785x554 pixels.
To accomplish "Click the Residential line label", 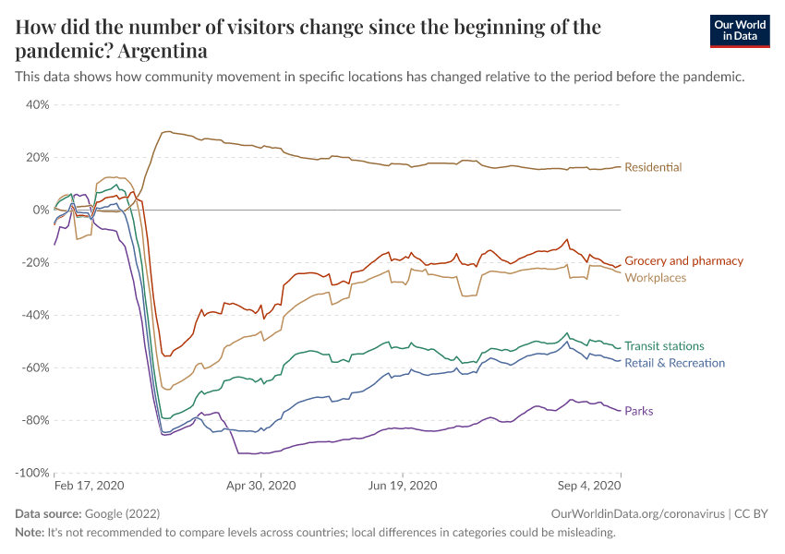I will coord(653,167).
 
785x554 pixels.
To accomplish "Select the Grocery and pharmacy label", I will coord(683,261).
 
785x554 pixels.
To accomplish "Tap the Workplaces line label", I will coord(655,277).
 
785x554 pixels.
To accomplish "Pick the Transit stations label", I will coord(664,346).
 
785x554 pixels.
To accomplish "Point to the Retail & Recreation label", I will coord(674,363).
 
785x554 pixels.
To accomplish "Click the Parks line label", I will coord(639,411).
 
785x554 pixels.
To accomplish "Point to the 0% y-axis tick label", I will coord(41,210).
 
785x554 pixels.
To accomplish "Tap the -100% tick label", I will coord(30,473).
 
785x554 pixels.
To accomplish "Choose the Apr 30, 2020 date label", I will coord(260,485).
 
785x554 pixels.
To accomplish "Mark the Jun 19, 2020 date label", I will coord(403,485).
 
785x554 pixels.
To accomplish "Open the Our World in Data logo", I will coord(740,30).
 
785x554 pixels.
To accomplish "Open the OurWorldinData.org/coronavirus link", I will coord(635,513).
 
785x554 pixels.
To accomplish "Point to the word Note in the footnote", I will coord(30,533).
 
